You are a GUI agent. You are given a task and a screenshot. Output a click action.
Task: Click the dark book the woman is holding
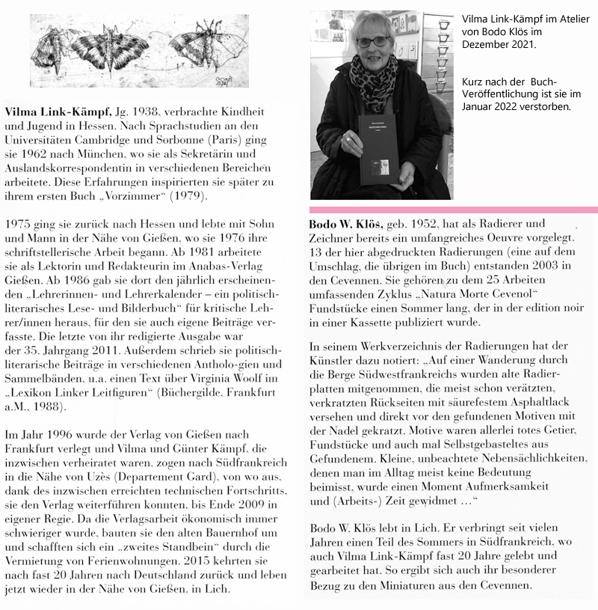380,149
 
